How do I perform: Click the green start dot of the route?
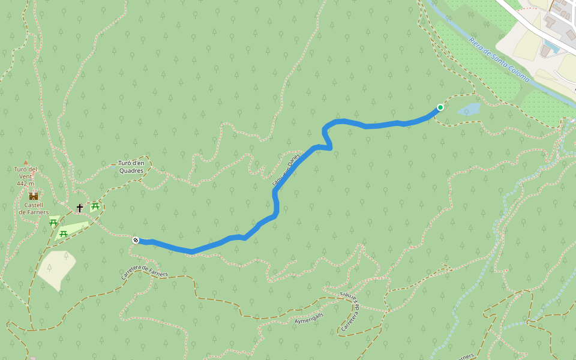tap(440, 107)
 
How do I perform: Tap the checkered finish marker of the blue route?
tap(136, 240)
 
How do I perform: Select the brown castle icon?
tap(34, 196)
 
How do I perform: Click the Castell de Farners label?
tap(34, 208)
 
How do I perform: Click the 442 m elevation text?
tap(25, 184)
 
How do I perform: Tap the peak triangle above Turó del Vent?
tap(25, 162)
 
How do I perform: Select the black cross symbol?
tap(80, 208)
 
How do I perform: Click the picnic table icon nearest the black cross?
tap(95, 207)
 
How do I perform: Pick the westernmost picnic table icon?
tap(53, 222)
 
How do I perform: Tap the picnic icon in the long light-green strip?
tap(63, 233)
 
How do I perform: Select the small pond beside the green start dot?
tap(469, 109)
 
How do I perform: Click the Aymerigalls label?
tap(309, 317)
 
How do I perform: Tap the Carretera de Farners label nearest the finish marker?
tap(145, 272)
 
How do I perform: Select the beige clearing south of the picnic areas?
tap(55, 269)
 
